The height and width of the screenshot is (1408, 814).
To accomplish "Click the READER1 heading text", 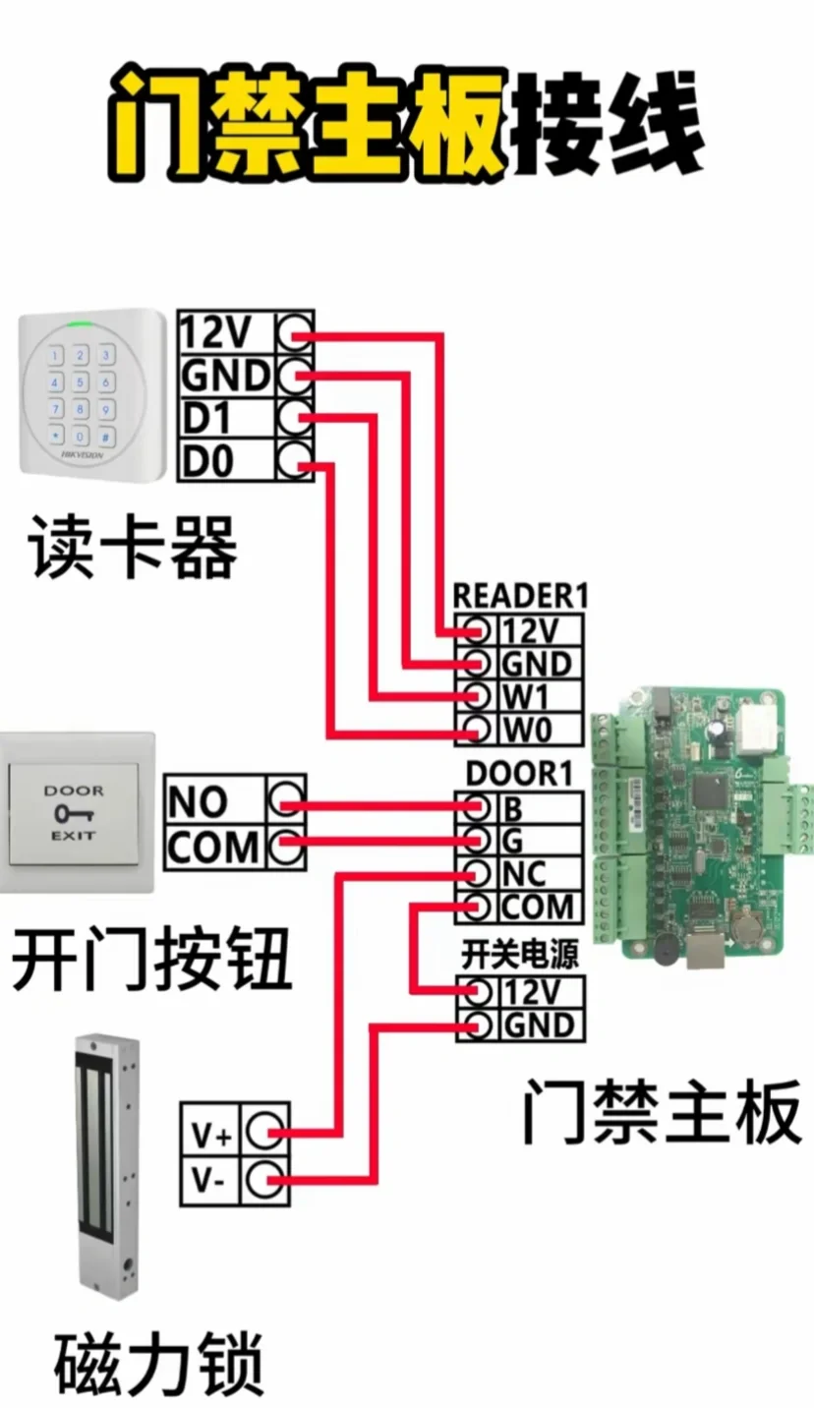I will pyautogui.click(x=520, y=595).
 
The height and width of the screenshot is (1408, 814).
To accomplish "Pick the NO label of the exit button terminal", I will pyautogui.click(x=198, y=802).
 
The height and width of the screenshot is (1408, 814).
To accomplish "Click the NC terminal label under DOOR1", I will pyautogui.click(x=523, y=873).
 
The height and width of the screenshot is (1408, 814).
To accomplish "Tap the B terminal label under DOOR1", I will pyautogui.click(x=512, y=808).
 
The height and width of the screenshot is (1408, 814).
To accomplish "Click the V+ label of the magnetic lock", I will pyautogui.click(x=211, y=1138).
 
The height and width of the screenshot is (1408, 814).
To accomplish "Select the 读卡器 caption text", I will pyautogui.click(x=134, y=547).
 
